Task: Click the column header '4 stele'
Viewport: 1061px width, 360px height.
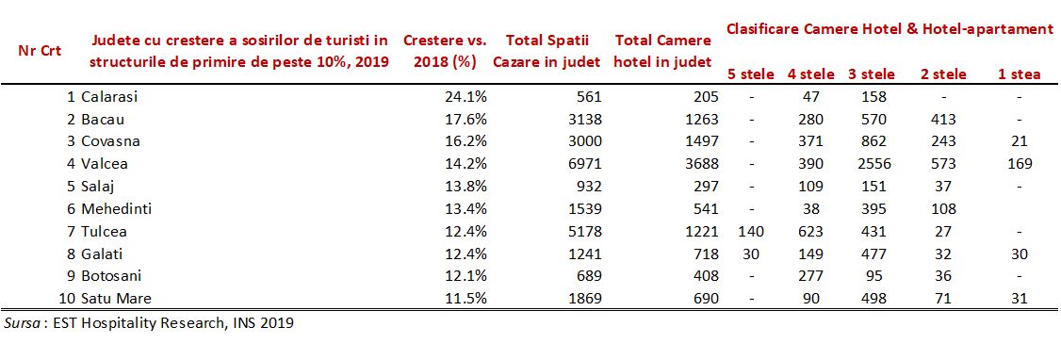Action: click(x=810, y=74)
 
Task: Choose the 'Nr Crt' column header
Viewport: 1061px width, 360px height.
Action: click(x=40, y=51)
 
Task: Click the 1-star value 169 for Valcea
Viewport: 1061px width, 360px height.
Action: click(x=1019, y=164)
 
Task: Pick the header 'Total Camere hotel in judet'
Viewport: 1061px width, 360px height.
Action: click(x=662, y=51)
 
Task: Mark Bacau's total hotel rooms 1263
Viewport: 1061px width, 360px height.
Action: click(x=699, y=119)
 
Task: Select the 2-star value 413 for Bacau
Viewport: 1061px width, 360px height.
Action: click(x=942, y=119)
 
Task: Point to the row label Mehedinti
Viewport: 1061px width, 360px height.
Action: click(x=115, y=209)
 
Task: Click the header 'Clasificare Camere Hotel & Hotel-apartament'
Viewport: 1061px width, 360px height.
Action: click(x=890, y=29)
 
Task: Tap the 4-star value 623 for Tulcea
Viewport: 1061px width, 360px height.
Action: click(x=809, y=232)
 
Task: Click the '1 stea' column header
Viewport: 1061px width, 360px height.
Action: click(x=1019, y=74)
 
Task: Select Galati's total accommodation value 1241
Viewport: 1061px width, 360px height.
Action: click(x=581, y=254)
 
